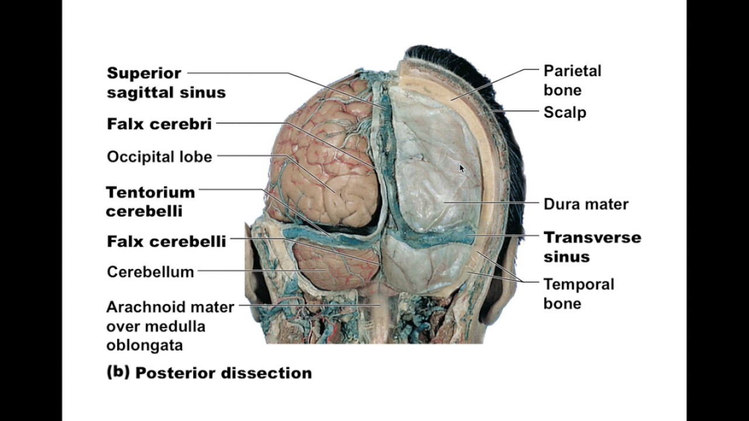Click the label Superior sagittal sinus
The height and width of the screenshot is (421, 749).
point(166,82)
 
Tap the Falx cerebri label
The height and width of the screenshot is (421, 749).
point(159,124)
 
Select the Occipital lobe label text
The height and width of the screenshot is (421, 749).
point(159,157)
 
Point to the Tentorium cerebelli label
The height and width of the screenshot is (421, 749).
point(150,201)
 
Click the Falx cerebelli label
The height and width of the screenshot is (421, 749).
point(166,241)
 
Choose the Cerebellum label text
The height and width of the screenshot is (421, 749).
point(150,272)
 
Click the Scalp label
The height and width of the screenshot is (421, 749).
point(565,112)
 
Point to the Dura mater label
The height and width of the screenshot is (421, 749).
point(586,204)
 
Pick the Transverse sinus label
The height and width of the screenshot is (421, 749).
point(592,247)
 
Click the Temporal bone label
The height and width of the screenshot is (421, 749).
point(578,294)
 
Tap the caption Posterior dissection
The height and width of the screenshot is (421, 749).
point(223,373)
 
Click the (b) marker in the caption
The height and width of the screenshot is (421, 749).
point(118,372)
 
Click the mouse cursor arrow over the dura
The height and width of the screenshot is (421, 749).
point(462,168)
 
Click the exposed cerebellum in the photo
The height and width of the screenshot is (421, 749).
point(331,266)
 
